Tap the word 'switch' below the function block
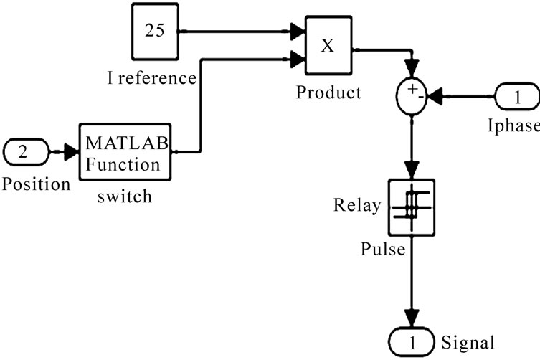click(x=125, y=196)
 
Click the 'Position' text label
click(x=36, y=184)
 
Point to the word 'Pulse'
click(x=384, y=249)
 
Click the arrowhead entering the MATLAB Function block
click(x=72, y=151)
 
